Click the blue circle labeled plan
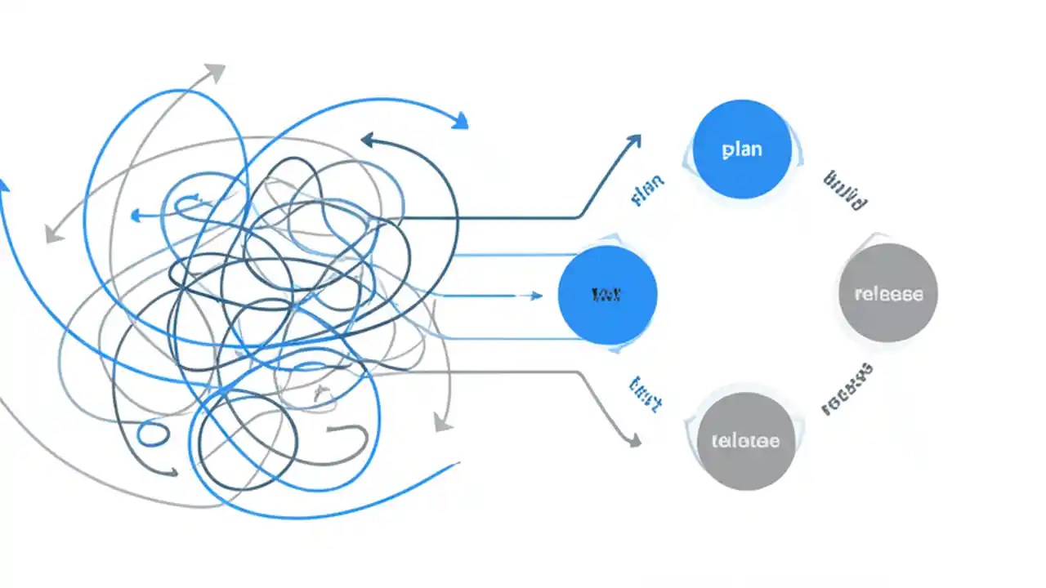[742, 149]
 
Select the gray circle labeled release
[888, 293]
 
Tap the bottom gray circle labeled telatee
[746, 441]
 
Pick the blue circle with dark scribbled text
[607, 294]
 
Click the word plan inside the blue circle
[742, 149]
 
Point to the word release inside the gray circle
[888, 294]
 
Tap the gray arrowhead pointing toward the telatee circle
[634, 441]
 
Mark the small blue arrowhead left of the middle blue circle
[536, 296]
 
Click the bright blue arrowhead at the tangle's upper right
[461, 122]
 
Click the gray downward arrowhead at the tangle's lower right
[442, 423]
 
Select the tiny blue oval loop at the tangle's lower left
[153, 434]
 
